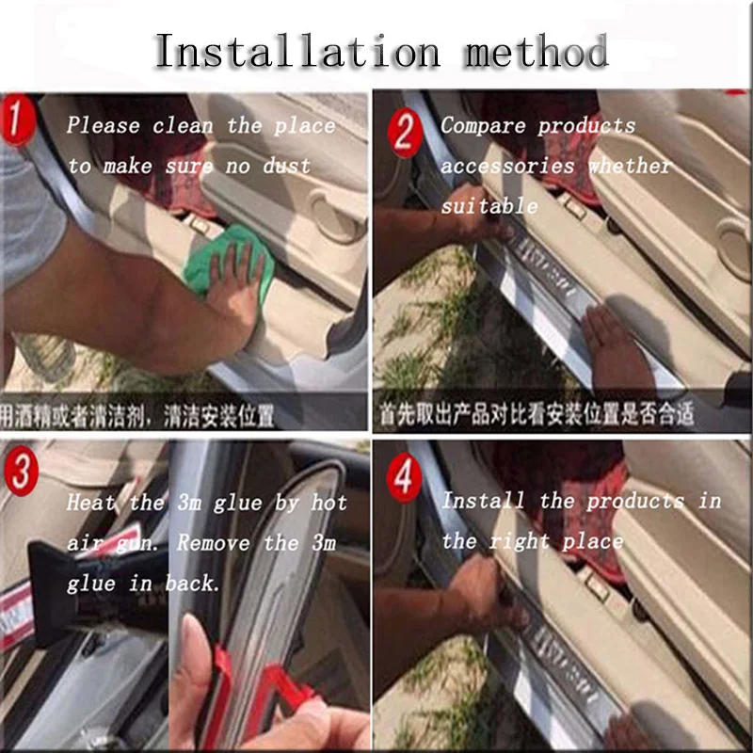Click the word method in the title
coord(535,51)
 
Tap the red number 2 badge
coord(404,133)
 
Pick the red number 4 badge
coord(404,479)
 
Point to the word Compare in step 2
coord(484,125)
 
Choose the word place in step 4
coord(593,541)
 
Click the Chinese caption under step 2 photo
coord(536,413)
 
